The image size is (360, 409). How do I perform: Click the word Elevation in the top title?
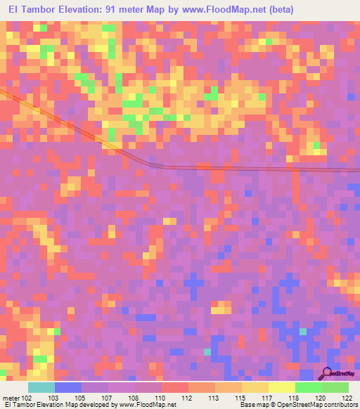coord(86,10)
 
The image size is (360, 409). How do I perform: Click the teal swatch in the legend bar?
coord(41,387)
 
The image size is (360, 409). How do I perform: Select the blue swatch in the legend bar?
coord(68,387)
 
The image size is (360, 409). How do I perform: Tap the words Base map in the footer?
coord(253,405)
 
